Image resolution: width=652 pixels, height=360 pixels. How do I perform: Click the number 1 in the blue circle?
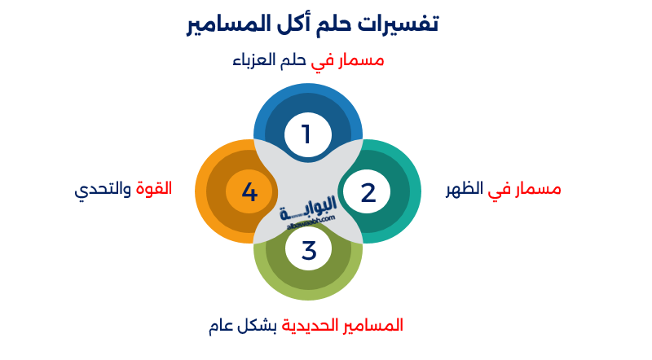point(306,134)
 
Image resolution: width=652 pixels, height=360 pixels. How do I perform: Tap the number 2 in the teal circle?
point(368,193)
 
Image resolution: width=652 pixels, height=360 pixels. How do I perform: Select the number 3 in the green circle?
point(308,251)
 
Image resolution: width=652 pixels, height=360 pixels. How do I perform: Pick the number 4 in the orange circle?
point(249,193)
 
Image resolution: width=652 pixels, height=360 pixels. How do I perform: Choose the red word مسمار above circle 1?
point(359,61)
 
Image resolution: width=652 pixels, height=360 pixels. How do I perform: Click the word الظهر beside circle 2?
point(465,191)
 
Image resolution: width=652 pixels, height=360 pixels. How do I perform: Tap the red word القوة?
point(153,188)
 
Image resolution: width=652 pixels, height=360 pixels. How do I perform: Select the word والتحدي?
point(103,190)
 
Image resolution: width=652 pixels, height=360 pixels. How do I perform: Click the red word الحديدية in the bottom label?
point(309,326)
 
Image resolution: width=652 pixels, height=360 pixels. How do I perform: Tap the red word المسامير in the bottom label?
point(372,326)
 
